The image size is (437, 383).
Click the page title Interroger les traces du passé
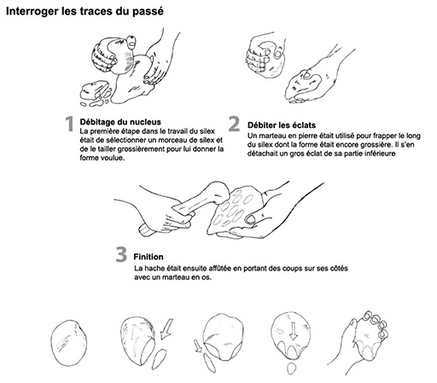84,11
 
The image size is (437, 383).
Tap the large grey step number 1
69,124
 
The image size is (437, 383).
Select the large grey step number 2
234,124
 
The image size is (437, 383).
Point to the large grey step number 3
121,254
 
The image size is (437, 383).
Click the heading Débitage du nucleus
120,122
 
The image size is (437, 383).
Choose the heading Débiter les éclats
282,125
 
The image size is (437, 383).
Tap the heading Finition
149,257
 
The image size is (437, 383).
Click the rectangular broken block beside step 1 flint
95,90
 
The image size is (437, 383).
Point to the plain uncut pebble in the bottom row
69,343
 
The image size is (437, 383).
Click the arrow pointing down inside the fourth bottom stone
293,331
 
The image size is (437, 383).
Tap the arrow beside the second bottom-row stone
166,328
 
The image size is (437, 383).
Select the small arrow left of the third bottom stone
198,346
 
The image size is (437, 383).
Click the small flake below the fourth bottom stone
291,368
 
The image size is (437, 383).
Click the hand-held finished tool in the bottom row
369,340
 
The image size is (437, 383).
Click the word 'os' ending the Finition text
207,277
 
